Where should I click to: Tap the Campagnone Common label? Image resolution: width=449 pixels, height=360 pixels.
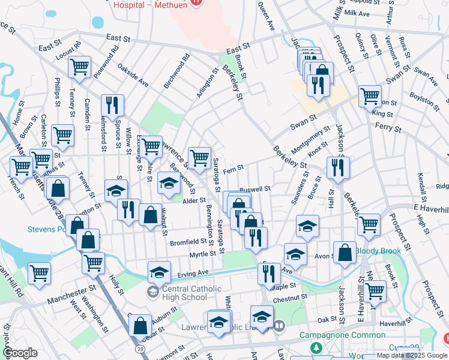point(351,335)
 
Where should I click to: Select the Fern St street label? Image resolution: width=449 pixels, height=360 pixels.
point(232,170)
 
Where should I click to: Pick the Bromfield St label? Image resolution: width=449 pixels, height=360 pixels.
point(188,242)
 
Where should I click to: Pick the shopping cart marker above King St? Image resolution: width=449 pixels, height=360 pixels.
point(370,95)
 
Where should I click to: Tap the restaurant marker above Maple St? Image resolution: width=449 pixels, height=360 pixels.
point(269,273)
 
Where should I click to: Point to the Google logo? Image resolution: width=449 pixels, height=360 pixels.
point(20,353)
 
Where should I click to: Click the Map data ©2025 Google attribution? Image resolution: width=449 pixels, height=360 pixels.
point(412,355)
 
